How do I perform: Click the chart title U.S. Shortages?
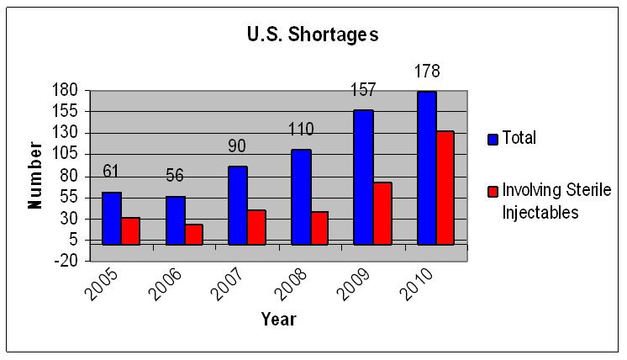pyautogui.click(x=312, y=35)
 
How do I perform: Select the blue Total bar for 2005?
pyautogui.click(x=112, y=218)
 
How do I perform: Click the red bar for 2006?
pyautogui.click(x=193, y=234)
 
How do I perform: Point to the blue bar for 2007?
pyautogui.click(x=238, y=205)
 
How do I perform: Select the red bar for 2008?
pyautogui.click(x=319, y=228)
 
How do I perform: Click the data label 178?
pyautogui.click(x=426, y=71)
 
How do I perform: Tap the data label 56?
pyautogui.click(x=174, y=176)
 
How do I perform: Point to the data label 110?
pyautogui.click(x=300, y=130)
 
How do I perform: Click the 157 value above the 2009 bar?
pyautogui.click(x=362, y=90)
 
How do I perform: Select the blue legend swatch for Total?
pyautogui.click(x=493, y=139)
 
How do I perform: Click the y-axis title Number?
pyautogui.click(x=35, y=175)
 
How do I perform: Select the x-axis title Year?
pyautogui.click(x=278, y=320)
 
